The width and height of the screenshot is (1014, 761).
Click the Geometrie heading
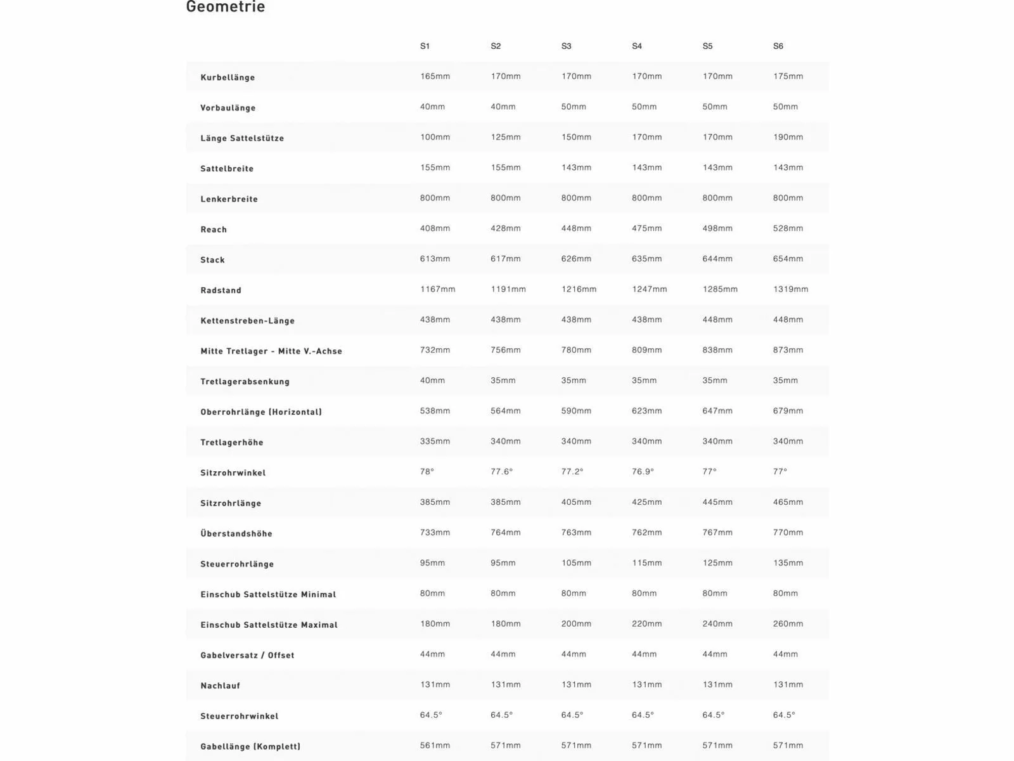pyautogui.click(x=226, y=8)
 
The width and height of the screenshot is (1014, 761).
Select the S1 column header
pyautogui.click(x=425, y=46)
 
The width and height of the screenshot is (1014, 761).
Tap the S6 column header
pyautogui.click(x=778, y=46)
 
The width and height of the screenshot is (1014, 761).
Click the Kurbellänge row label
pyautogui.click(x=228, y=77)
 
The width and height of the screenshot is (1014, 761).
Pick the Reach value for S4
pyautogui.click(x=646, y=228)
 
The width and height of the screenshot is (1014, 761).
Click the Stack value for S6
pyautogui.click(x=788, y=259)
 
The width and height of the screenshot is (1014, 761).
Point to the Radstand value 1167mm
pyautogui.click(x=437, y=289)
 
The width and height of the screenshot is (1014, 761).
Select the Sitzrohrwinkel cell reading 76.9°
pyautogui.click(x=643, y=472)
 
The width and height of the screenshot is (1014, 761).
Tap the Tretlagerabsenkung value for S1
pyautogui.click(x=432, y=380)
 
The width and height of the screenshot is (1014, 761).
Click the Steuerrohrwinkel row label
pyautogui.click(x=239, y=716)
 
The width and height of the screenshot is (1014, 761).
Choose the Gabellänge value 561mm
pyautogui.click(x=435, y=746)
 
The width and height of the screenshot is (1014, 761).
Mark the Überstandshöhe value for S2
pyautogui.click(x=505, y=533)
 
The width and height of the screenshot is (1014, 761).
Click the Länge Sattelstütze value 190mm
pyautogui.click(x=788, y=137)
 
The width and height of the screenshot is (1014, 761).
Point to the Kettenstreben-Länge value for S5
pyautogui.click(x=717, y=320)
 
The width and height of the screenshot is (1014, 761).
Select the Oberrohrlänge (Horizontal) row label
pyautogui.click(x=261, y=412)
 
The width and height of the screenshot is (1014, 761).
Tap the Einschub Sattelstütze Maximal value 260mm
pyautogui.click(x=788, y=624)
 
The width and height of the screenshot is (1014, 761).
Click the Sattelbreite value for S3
pyautogui.click(x=576, y=167)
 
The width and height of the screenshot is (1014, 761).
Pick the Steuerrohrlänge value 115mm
pyautogui.click(x=646, y=563)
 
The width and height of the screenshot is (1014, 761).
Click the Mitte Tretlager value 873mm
pyautogui.click(x=788, y=350)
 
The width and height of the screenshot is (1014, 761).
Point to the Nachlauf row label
pyautogui.click(x=220, y=686)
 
